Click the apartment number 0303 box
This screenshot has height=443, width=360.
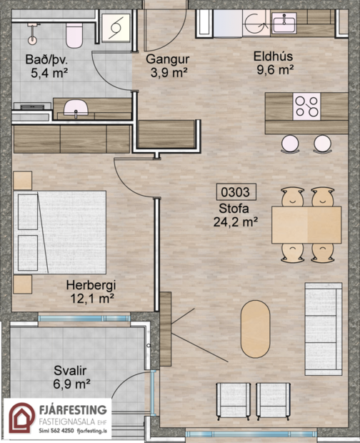pos(236,191)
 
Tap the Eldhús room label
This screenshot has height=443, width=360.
pos(273,56)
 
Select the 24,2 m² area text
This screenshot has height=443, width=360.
pos(236,221)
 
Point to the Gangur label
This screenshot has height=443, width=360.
pos(168,59)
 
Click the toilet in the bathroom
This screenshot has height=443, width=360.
pos(74,35)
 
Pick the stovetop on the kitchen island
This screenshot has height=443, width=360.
pos(306,106)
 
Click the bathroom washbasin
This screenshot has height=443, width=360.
pos(76,108)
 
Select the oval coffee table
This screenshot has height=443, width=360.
pos(255,329)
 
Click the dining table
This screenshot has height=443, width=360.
pos(306,225)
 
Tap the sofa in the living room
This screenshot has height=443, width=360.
pos(324,329)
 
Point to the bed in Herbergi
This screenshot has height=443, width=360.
pos(60,232)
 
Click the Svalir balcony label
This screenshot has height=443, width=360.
pos(70,370)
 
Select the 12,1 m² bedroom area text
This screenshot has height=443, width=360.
pos(92,298)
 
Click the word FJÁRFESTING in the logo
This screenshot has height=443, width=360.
pos(73,409)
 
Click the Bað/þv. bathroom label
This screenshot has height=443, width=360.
pos(46,59)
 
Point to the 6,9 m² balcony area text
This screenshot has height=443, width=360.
pos(71,384)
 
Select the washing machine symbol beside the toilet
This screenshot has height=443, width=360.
pos(116,28)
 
